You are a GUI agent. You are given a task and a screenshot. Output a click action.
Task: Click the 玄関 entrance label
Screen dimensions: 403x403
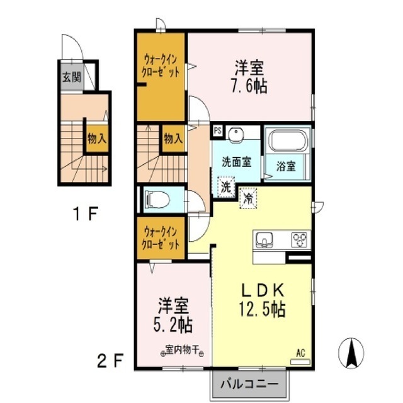point(71,77)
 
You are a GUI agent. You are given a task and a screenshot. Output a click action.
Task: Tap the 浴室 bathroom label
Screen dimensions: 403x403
point(287,167)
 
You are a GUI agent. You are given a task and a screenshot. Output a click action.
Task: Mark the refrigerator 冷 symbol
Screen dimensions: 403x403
point(249,197)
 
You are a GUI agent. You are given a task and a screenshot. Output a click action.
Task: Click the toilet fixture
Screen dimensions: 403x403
point(157,200)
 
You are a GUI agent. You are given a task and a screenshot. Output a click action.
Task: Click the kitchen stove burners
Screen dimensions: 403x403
point(298,241)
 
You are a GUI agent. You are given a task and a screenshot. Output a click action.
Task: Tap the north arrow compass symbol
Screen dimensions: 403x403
point(351,352)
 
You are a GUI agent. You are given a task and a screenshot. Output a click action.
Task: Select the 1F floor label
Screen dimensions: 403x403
point(84,215)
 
